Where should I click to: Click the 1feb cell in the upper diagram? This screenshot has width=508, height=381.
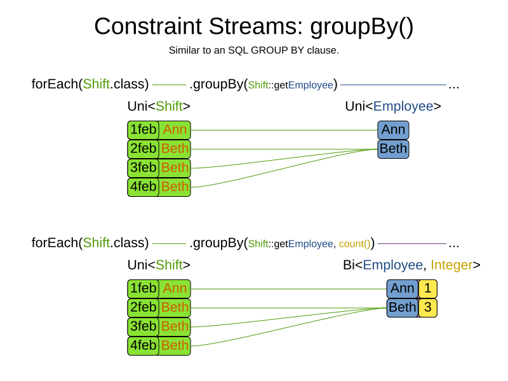coord(143,130)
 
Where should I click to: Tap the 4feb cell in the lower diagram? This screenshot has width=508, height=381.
coord(143,345)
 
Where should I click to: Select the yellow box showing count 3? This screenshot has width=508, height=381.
coord(428,308)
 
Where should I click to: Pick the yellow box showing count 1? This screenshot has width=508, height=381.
coord(428,289)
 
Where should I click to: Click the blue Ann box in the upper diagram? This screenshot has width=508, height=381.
coord(393,130)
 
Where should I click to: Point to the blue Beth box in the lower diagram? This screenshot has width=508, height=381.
coord(403,308)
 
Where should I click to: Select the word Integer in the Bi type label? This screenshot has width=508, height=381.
coord(451,265)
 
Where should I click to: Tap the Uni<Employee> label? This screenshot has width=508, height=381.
coord(393,107)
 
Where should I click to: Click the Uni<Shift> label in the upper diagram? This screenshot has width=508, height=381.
coord(159,107)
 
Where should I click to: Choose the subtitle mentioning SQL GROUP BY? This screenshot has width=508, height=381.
coord(254,50)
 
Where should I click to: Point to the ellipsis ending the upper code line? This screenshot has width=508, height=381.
coord(454,84)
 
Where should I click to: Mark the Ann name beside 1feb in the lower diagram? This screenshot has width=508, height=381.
coord(175,289)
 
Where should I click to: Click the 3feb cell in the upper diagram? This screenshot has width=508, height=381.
coord(143,168)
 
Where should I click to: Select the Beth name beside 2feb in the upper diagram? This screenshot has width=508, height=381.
coord(175,149)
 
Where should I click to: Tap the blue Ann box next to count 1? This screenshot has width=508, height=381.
coord(403,289)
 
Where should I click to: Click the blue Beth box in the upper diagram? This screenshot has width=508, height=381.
coord(393,149)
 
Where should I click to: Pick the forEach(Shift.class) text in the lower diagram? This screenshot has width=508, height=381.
coord(90,243)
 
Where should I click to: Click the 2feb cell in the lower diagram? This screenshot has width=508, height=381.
coord(143,308)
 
